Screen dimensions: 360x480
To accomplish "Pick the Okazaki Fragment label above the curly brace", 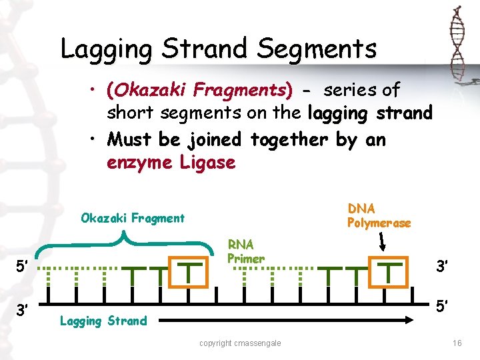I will pos(133,218).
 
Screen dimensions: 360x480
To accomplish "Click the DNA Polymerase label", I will pos(379,216).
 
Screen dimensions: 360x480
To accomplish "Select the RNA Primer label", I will pos(246,251).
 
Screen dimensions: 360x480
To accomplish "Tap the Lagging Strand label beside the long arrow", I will pos(103,321).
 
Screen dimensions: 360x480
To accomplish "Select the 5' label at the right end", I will pos(442,307).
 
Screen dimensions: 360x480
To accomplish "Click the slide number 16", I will pos(457,343).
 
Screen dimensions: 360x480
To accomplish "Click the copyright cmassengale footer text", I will pos(240,343).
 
